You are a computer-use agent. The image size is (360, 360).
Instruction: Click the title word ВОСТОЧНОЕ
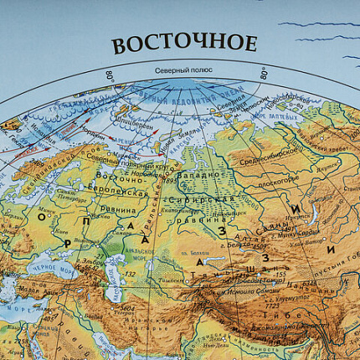[x=184, y=44]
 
